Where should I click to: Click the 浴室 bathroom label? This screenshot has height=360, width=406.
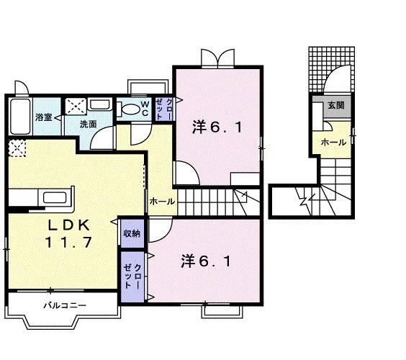click(43, 117)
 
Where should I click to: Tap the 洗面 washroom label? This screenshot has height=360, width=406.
click(88, 124)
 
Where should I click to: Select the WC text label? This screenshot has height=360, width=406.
click(144, 109)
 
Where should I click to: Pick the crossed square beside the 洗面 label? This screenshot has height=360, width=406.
click(75, 107)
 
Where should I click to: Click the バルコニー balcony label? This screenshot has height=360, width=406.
click(64, 305)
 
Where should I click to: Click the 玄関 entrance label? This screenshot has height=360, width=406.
click(335, 105)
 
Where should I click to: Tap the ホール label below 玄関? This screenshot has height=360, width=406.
click(334, 143)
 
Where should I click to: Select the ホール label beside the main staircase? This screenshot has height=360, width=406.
click(161, 202)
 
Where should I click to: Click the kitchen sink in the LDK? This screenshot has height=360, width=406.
click(55, 198)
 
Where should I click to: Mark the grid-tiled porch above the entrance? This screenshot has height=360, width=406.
click(332, 69)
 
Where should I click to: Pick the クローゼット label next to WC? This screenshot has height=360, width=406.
click(163, 110)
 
